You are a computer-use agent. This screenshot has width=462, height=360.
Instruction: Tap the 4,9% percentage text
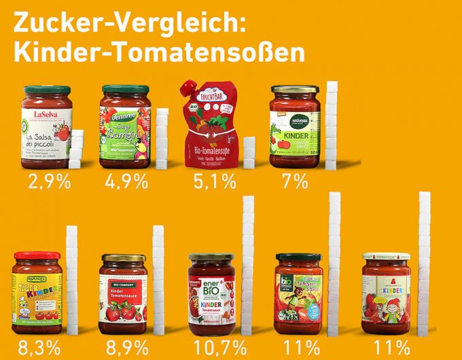coord(126,182)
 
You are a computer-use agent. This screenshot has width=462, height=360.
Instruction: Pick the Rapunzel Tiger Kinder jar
coord(37,292)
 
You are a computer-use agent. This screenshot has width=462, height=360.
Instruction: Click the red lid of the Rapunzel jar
coord(37,256)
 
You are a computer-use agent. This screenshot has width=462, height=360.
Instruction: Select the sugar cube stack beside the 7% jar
coord(332,126)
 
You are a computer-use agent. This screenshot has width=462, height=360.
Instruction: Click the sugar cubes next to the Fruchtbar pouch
coord(249,153)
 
